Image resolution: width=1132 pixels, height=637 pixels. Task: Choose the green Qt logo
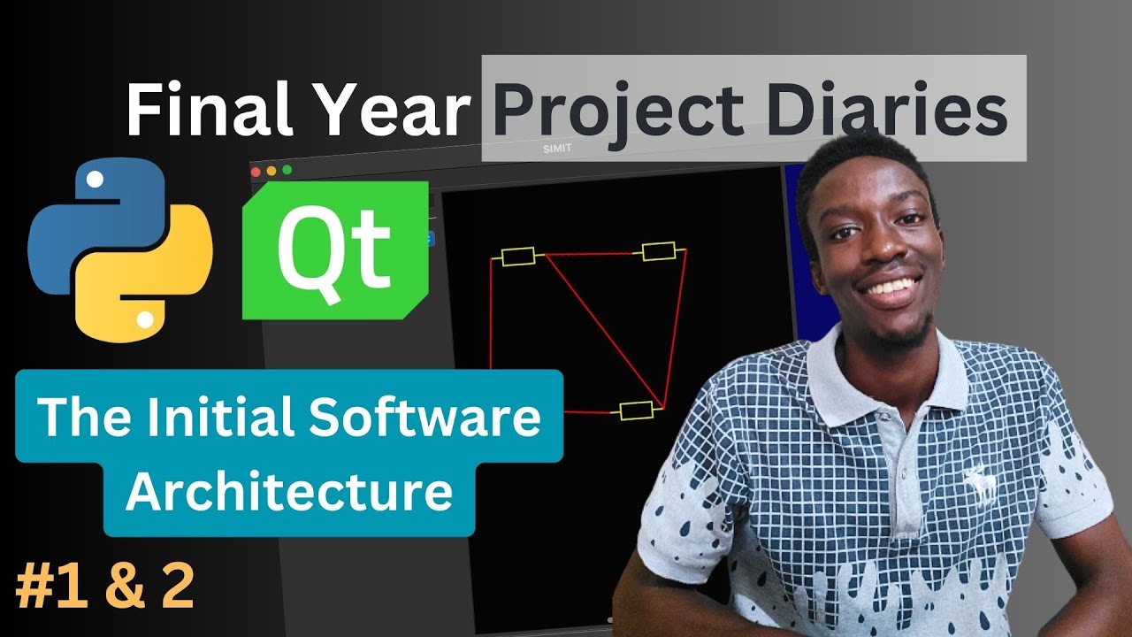tap(335, 249)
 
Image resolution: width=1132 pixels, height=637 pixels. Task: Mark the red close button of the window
tap(256, 170)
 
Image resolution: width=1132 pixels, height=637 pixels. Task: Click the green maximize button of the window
tap(287, 170)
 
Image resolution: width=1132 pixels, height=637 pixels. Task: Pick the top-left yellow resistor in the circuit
tap(518, 257)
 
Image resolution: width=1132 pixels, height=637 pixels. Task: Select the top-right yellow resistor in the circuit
tap(658, 251)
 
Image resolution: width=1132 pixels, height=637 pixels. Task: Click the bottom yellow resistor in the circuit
tap(636, 410)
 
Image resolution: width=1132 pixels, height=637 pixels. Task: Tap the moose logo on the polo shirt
tap(980, 484)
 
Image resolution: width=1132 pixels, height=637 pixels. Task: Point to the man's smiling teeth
tap(889, 288)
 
